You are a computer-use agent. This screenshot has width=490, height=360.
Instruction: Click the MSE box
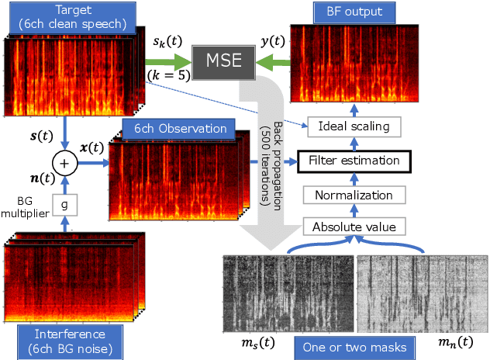tap(223, 59)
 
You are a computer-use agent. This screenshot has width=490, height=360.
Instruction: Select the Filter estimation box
tap(354, 161)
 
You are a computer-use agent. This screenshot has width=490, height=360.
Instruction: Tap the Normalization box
tap(354, 194)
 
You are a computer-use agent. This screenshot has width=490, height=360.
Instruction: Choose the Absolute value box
tap(354, 227)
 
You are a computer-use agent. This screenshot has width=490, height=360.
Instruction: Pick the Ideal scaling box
tap(354, 126)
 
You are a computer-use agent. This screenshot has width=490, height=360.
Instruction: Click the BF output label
tap(354, 12)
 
